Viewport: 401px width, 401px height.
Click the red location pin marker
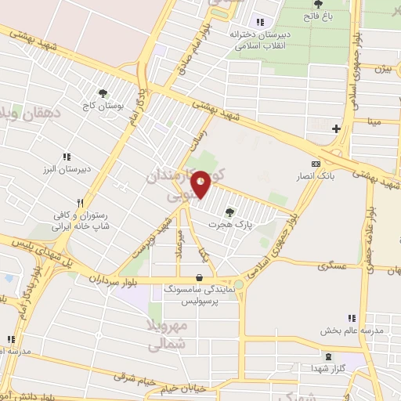[201, 184]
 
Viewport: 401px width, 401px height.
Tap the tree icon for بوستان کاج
[103, 94]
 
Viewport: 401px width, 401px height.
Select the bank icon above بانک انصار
[316, 164]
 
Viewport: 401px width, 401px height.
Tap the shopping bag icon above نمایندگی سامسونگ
[200, 277]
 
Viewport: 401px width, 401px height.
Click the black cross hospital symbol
[336, 128]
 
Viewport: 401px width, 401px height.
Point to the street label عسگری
[331, 266]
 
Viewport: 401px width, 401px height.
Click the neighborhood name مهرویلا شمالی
[169, 333]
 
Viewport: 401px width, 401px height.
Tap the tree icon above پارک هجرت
[229, 211]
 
